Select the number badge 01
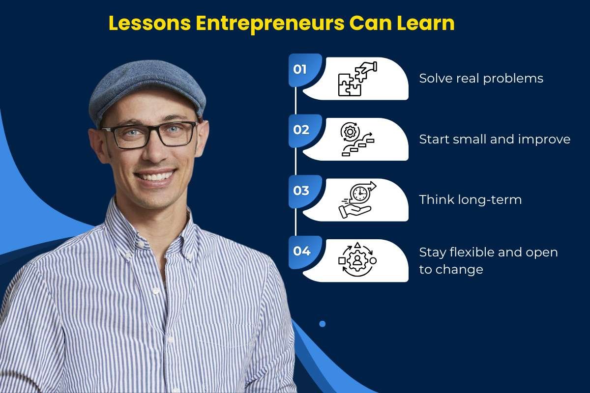pos(300,69)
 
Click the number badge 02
pos(301,130)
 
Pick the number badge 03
pos(301,191)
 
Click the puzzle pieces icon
pos(356,79)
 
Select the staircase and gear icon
pos(356,140)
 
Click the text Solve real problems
pos(481,79)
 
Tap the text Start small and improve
pos(494,140)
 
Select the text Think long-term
pos(470,200)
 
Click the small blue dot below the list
pos(323,324)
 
